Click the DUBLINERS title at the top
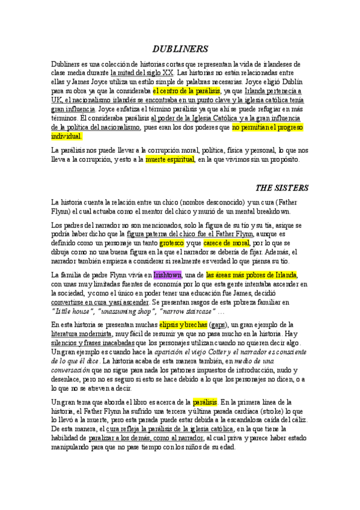tap(180, 48)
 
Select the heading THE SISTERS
tap(282, 186)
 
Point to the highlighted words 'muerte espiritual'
tap(170, 159)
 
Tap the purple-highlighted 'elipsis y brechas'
tap(182, 324)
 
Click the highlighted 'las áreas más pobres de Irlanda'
tap(252, 275)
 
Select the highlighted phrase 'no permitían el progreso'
tap(267, 127)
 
